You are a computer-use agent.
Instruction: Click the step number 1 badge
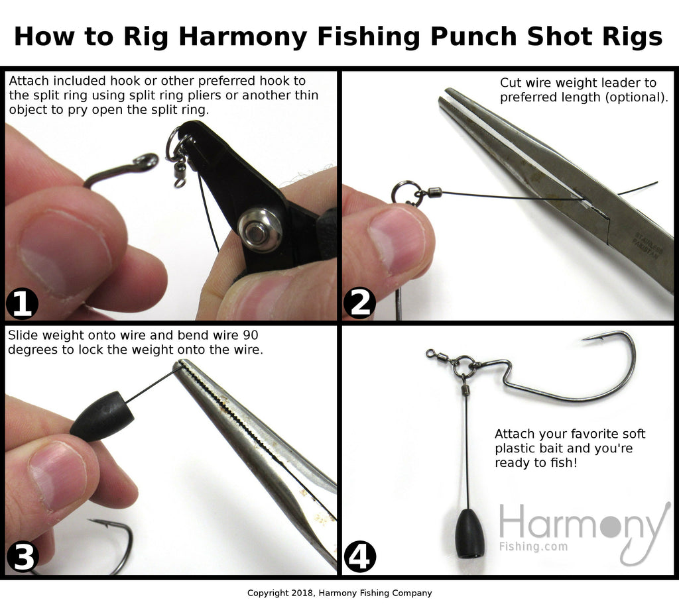pyautogui.click(x=22, y=304)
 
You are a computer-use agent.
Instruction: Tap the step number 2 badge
pyautogui.click(x=359, y=303)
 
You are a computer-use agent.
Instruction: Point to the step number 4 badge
pyautogui.click(x=360, y=557)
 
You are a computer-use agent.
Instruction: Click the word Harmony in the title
pyautogui.click(x=243, y=37)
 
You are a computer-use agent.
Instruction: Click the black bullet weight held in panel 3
pyautogui.click(x=101, y=416)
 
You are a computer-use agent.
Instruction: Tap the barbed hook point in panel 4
pyautogui.click(x=590, y=338)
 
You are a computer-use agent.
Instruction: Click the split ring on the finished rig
pyautogui.click(x=464, y=366)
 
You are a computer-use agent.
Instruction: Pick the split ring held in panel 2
pyautogui.click(x=403, y=193)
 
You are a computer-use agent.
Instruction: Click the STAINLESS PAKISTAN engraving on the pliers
pyautogui.click(x=648, y=246)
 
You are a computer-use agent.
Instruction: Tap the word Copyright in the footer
pyautogui.click(x=267, y=593)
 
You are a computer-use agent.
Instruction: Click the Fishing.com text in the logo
pyautogui.click(x=533, y=546)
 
